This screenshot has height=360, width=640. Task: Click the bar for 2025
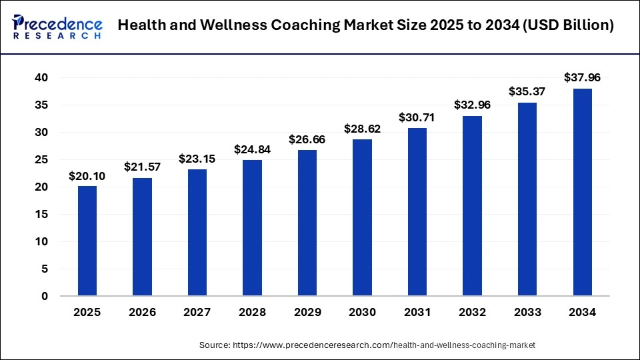[87, 241]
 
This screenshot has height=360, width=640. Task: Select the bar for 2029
[307, 223]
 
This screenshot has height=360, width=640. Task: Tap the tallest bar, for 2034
[582, 192]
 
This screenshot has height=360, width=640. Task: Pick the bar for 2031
[417, 211]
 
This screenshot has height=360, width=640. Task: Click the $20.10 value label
[87, 176]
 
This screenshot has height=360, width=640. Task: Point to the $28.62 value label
[362, 129]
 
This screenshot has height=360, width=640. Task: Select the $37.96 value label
[582, 78]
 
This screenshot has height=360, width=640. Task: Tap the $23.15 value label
[197, 159]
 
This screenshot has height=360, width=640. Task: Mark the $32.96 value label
[472, 105]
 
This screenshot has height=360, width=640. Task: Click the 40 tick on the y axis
[41, 78]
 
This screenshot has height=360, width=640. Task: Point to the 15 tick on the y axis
[41, 214]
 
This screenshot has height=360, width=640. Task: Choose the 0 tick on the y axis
[44, 296]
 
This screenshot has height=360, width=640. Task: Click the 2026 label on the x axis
[142, 313]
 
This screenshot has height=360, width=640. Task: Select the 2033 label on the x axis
[527, 313]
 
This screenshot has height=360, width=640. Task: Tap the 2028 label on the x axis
[252, 313]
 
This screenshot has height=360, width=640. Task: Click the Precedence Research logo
[57, 27]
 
